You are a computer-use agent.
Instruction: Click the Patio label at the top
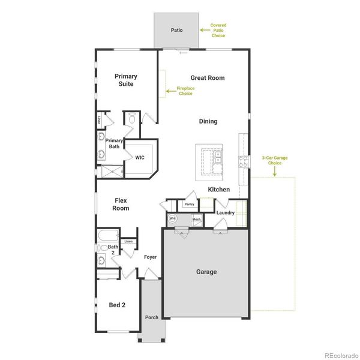click(x=176, y=29)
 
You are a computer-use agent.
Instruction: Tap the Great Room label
click(x=208, y=77)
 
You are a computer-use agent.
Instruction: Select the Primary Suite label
click(x=126, y=80)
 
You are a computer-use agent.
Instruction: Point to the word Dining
click(x=208, y=121)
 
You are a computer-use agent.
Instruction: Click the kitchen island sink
click(x=218, y=158)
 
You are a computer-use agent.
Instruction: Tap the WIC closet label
click(x=140, y=157)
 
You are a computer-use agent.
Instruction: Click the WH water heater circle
click(x=172, y=219)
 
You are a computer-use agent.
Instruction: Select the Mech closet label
click(x=196, y=220)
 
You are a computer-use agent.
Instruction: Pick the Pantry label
click(x=190, y=204)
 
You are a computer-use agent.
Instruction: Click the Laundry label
click(x=225, y=212)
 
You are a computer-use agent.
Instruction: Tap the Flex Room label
click(x=121, y=204)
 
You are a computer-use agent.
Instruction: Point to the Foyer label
click(x=150, y=257)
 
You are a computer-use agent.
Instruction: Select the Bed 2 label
click(x=117, y=304)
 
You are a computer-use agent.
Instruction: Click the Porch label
click(x=152, y=317)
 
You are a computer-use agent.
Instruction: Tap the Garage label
click(x=206, y=272)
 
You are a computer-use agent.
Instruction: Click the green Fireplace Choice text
click(x=186, y=91)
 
